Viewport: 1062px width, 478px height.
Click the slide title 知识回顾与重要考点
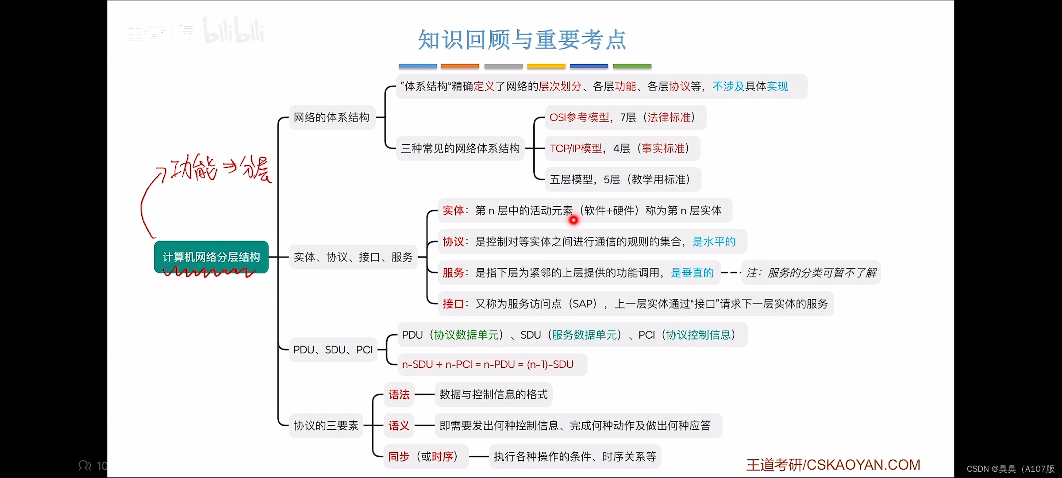[x=522, y=40]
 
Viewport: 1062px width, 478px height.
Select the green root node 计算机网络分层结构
[x=211, y=257]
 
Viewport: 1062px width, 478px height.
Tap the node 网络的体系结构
[x=331, y=117]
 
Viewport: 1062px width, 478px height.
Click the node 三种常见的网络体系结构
[x=460, y=148]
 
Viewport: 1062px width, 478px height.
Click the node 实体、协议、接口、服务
[x=353, y=257]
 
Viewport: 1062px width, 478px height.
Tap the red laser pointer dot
[x=573, y=220]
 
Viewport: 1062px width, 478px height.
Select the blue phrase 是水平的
[x=714, y=242]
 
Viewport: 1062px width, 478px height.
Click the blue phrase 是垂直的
[x=692, y=273]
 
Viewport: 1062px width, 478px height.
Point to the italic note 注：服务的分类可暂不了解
[x=811, y=273]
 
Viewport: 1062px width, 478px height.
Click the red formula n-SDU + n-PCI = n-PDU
[x=487, y=364]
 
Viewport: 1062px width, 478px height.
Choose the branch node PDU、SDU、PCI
[x=333, y=350]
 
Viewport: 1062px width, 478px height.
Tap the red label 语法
[x=399, y=394]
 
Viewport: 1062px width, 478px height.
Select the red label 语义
[x=399, y=425]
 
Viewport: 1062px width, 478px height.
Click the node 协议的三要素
[x=326, y=425]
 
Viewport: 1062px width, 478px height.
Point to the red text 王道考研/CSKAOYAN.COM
[x=833, y=464]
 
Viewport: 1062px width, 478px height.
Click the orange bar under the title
[x=460, y=66]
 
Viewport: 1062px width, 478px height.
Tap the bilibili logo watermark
[x=233, y=31]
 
